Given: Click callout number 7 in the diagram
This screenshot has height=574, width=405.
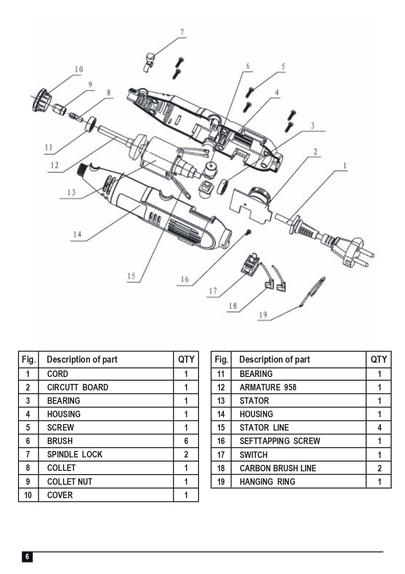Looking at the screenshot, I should pyautogui.click(x=182, y=32).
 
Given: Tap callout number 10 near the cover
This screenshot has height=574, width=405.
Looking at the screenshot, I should pyautogui.click(x=78, y=69).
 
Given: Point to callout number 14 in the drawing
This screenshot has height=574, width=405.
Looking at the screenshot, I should pyautogui.click(x=77, y=235).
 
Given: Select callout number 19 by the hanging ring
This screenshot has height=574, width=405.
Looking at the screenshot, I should pyautogui.click(x=263, y=315).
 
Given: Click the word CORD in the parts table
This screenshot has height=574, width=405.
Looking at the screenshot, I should pyautogui.click(x=57, y=374).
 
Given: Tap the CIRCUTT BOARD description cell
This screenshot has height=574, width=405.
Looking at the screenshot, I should pyautogui.click(x=77, y=387).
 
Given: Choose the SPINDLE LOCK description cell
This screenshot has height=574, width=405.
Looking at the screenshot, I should pyautogui.click(x=75, y=454).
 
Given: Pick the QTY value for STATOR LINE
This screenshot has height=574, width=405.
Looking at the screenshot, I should pyautogui.click(x=379, y=427).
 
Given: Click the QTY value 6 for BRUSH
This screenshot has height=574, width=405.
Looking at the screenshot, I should pyautogui.click(x=186, y=441).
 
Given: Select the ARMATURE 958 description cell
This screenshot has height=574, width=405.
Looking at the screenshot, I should pyautogui.click(x=268, y=387).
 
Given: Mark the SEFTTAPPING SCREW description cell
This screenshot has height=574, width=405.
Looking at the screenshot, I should pyautogui.click(x=280, y=441).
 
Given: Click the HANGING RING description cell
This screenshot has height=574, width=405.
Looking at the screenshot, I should pyautogui.click(x=267, y=481).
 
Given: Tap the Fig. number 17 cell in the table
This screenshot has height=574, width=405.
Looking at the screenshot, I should pyautogui.click(x=221, y=454).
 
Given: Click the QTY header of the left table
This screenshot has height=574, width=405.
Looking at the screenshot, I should pyautogui.click(x=186, y=359).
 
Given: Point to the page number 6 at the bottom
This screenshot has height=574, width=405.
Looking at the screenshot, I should pyautogui.click(x=27, y=556).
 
